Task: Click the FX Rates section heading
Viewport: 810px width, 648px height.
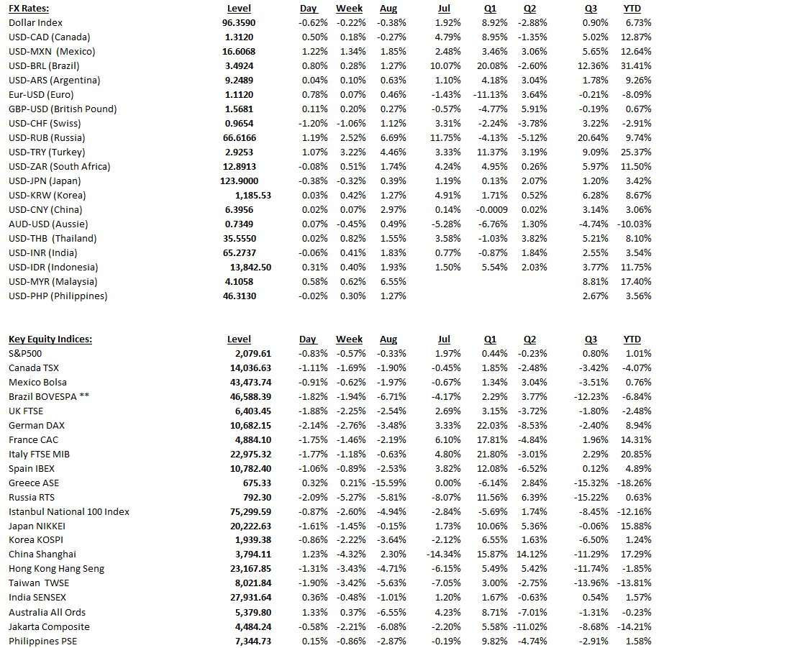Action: click(x=29, y=9)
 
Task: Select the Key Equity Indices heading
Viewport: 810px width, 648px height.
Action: click(x=50, y=339)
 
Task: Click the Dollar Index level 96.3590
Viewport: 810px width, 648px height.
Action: click(x=239, y=23)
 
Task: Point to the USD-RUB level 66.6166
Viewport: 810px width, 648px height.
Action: click(x=239, y=138)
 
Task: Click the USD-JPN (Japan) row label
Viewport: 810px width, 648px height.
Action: click(x=45, y=181)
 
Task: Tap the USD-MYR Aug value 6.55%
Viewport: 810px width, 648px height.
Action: click(x=393, y=282)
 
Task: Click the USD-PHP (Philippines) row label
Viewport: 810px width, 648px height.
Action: click(x=58, y=296)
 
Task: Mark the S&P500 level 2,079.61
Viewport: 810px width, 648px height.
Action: click(x=252, y=354)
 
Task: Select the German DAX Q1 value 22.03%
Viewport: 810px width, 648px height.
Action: click(x=491, y=426)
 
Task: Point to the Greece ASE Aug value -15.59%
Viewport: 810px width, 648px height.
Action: click(x=389, y=483)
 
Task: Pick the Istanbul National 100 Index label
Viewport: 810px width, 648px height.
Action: click(x=69, y=512)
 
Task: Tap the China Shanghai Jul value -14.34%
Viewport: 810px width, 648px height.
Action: click(x=446, y=555)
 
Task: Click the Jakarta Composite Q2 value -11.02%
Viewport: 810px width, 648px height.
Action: click(x=531, y=627)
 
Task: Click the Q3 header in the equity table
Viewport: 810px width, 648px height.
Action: click(x=591, y=339)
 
